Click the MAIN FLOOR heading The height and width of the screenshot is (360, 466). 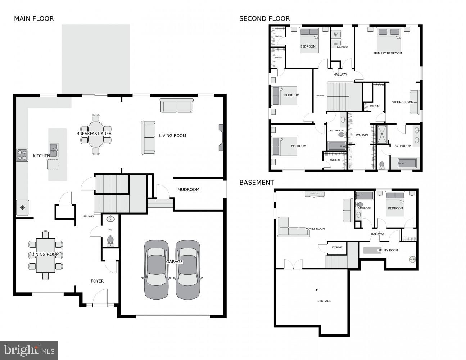click(x=34, y=19)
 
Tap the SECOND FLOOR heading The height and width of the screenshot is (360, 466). click(x=264, y=19)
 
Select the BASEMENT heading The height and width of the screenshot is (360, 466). click(x=257, y=183)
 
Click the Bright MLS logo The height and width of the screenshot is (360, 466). click(x=29, y=350)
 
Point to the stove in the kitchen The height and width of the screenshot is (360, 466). click(x=22, y=155)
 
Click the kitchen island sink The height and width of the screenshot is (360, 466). click(x=54, y=148)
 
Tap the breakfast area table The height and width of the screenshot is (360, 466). click(x=96, y=134)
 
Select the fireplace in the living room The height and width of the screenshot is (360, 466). click(x=221, y=138)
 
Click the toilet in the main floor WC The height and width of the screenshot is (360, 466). click(x=110, y=240)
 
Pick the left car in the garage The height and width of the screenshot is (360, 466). click(x=156, y=269)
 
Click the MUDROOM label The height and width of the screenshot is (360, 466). click(x=188, y=190)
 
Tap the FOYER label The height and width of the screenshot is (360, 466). click(x=97, y=281)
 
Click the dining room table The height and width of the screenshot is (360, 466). click(x=45, y=255)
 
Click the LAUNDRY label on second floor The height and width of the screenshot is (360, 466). click(x=342, y=47)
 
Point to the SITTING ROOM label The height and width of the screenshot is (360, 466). click(x=402, y=102)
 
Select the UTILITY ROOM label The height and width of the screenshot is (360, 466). click(x=388, y=250)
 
